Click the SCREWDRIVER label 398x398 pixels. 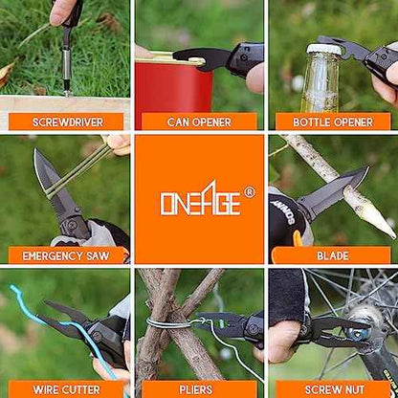pyautogui.click(x=68, y=122)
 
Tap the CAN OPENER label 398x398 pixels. pyautogui.click(x=199, y=122)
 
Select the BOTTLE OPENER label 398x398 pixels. pyautogui.click(x=333, y=122)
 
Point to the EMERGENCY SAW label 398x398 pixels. pyautogui.click(x=66, y=255)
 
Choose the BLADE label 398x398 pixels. pyautogui.click(x=333, y=255)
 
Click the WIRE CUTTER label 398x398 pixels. pyautogui.click(x=66, y=389)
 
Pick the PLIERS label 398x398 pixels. pyautogui.click(x=196, y=389)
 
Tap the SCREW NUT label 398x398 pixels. pyautogui.click(x=335, y=389)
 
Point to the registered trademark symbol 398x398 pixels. pyautogui.click(x=249, y=192)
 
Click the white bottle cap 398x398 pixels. pyautogui.click(x=323, y=49)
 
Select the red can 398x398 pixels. pyautogui.click(x=174, y=94)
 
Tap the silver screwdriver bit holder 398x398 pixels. pyautogui.click(x=67, y=64)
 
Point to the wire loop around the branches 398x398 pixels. pyautogui.click(x=169, y=323)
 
